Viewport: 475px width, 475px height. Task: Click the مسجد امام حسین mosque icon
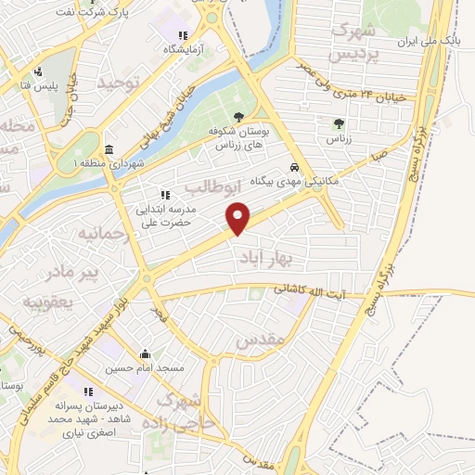tap(145, 353)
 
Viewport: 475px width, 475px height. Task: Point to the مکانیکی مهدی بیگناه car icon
tap(294, 168)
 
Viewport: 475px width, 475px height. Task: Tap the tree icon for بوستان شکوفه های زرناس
tap(238, 117)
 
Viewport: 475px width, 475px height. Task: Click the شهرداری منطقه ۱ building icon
tap(109, 150)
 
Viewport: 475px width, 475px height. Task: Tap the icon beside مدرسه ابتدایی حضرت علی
tap(165, 195)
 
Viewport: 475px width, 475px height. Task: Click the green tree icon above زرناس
tap(340, 122)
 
